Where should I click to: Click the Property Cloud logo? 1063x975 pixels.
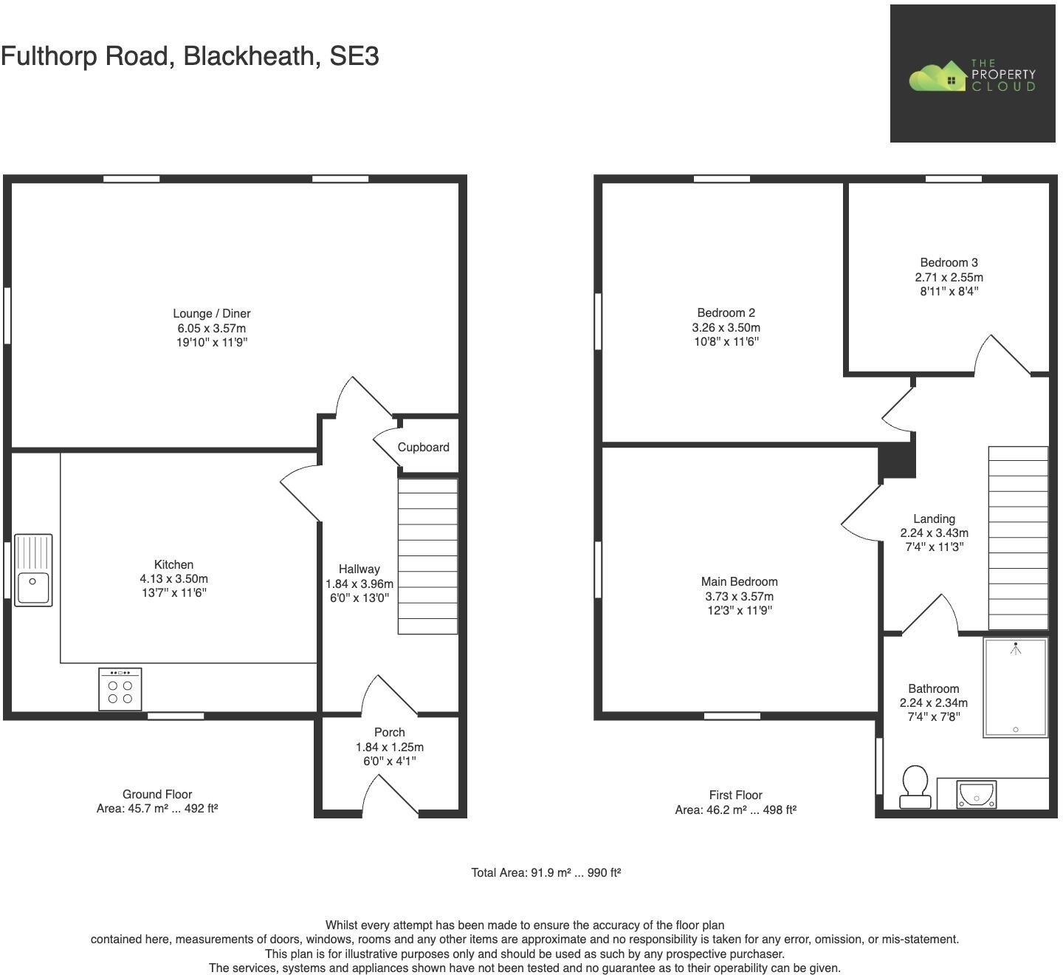(x=971, y=75)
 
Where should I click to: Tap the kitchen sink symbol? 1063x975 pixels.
(x=33, y=570)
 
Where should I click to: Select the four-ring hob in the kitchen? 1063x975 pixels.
(x=120, y=689)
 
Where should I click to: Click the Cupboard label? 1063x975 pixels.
(x=423, y=447)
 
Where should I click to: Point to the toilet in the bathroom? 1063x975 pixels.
(x=915, y=787)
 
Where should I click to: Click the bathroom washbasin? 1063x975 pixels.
(x=977, y=795)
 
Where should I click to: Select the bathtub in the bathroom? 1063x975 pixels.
(x=1015, y=688)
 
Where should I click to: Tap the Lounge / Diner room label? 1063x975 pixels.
(x=212, y=313)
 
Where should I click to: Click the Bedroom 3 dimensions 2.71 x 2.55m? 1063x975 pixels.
(x=949, y=277)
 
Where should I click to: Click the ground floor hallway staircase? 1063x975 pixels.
(x=427, y=556)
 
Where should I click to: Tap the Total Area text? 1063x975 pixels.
(x=546, y=872)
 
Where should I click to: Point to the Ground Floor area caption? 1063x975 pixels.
(x=157, y=801)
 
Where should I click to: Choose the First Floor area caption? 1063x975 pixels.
(x=735, y=802)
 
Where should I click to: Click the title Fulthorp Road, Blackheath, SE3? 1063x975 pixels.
(x=190, y=56)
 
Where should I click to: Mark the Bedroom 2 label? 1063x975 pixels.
(x=726, y=312)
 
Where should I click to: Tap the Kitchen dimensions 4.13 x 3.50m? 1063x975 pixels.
(x=173, y=578)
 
